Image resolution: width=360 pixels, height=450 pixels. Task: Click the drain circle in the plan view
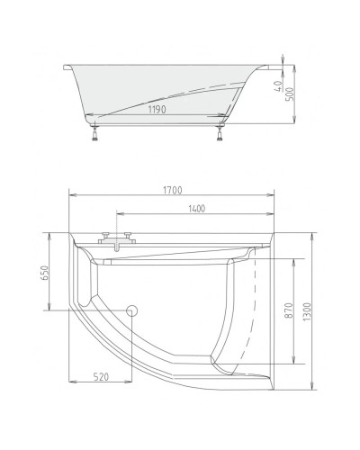coord(133,310)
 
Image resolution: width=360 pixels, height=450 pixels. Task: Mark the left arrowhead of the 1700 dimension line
coord(72,195)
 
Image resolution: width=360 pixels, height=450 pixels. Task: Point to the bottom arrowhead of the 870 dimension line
coord(296,365)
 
